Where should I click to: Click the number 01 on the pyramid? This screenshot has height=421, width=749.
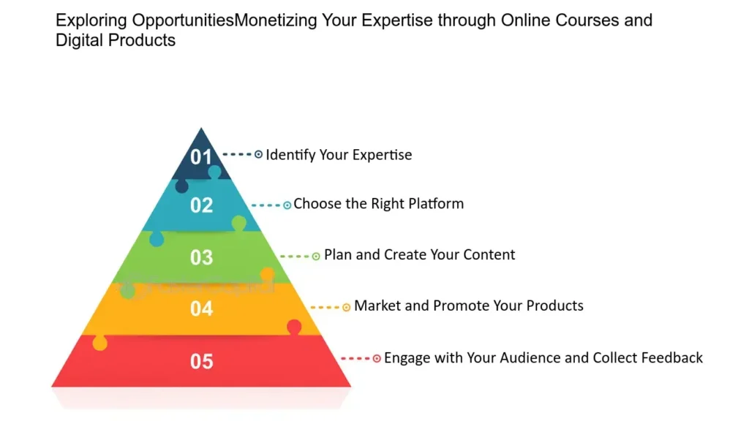point(201,156)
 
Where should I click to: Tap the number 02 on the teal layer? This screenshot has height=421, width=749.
point(201,205)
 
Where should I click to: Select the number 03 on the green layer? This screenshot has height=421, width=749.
point(201,257)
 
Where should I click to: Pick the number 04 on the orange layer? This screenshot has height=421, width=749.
point(201,308)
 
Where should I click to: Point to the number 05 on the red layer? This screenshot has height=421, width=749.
point(201,361)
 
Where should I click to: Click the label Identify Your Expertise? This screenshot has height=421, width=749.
point(339,155)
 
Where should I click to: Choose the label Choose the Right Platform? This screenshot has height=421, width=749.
point(378,204)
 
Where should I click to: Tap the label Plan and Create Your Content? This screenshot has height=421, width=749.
point(419,255)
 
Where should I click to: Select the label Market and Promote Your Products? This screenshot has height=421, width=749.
point(468,306)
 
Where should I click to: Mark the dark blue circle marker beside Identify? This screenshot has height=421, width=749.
point(258,155)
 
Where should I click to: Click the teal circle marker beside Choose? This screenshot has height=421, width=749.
point(287,205)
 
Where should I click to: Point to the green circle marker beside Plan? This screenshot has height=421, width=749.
point(316,257)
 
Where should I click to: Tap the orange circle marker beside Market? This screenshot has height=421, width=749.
point(347,308)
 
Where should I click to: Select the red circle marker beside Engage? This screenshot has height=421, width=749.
point(377,359)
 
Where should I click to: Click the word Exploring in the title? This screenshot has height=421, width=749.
point(86,20)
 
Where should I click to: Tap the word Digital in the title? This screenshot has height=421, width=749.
point(79,40)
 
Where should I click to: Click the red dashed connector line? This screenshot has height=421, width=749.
point(355,359)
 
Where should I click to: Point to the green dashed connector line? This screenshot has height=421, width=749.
point(295,257)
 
